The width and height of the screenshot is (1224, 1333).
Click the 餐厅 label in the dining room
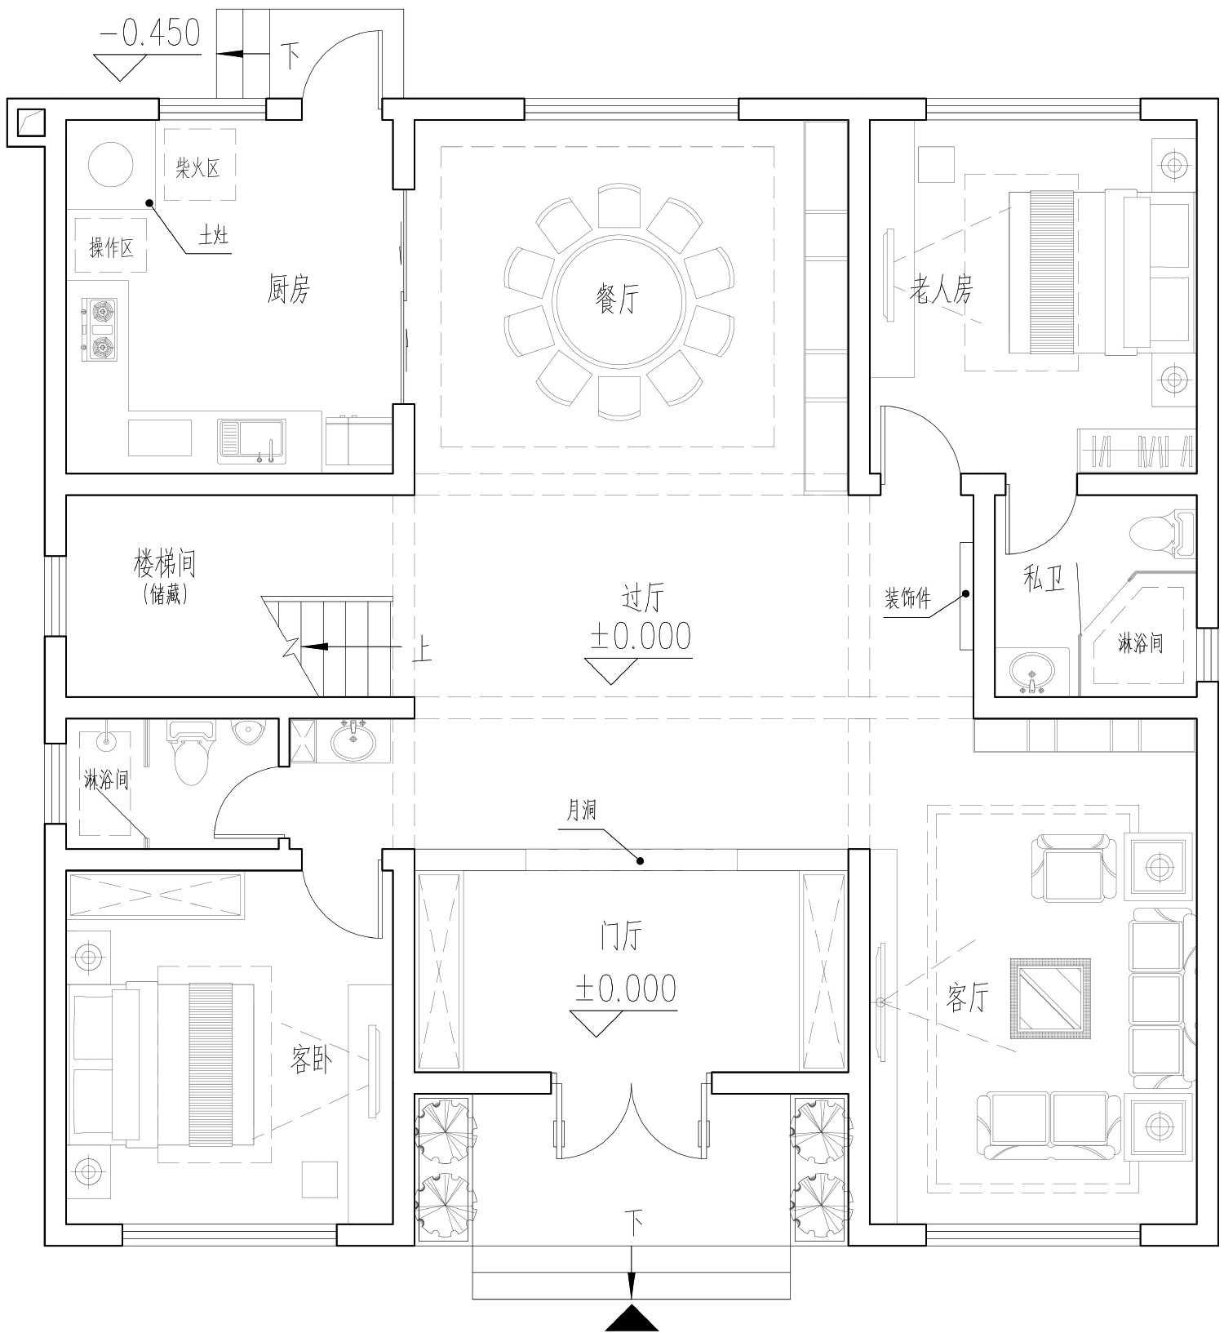(x=617, y=300)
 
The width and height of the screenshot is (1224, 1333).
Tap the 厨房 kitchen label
(x=289, y=289)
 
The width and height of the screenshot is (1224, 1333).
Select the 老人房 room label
(x=942, y=290)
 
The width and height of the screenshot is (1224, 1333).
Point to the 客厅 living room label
(x=969, y=998)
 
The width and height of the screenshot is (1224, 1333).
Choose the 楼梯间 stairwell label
(x=166, y=563)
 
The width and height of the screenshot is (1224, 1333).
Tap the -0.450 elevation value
(x=150, y=33)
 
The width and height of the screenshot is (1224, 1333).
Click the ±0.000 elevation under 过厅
(x=641, y=637)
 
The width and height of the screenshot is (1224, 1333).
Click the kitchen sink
(x=251, y=442)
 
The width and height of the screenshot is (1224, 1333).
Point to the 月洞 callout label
(x=582, y=811)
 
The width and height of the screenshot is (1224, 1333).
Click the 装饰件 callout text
(x=907, y=599)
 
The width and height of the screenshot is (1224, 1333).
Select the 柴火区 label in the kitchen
(x=198, y=169)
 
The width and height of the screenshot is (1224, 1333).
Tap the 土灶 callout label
(x=214, y=236)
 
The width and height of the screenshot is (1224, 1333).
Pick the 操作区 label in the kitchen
(x=111, y=247)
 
